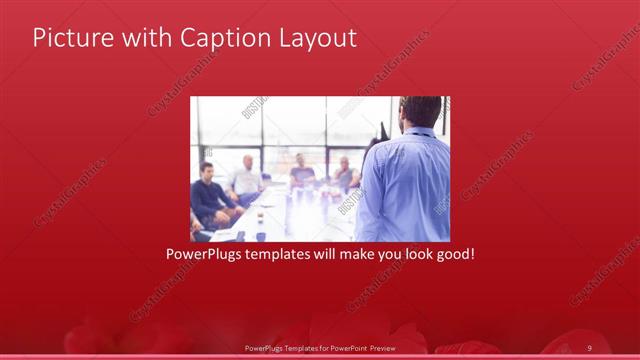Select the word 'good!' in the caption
453,255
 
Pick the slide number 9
590,347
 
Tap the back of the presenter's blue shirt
405,190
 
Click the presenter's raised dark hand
382,130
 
